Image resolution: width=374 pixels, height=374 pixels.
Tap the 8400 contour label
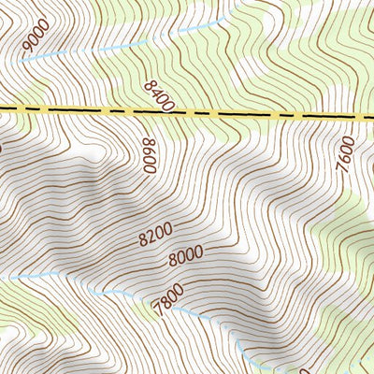[x=160, y=95]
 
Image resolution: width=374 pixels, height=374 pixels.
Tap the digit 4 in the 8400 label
[x=157, y=92]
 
